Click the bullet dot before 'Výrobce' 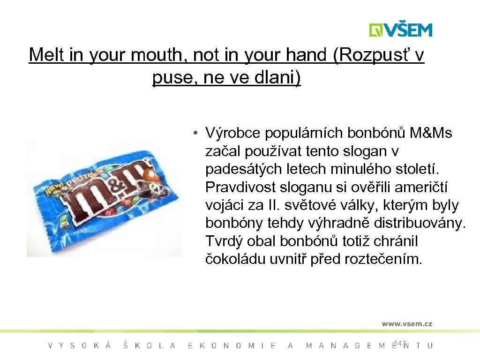click(x=193, y=134)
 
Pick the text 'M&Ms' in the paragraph click(x=431, y=134)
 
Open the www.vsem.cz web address click(x=406, y=323)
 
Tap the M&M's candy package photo click(x=104, y=198)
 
